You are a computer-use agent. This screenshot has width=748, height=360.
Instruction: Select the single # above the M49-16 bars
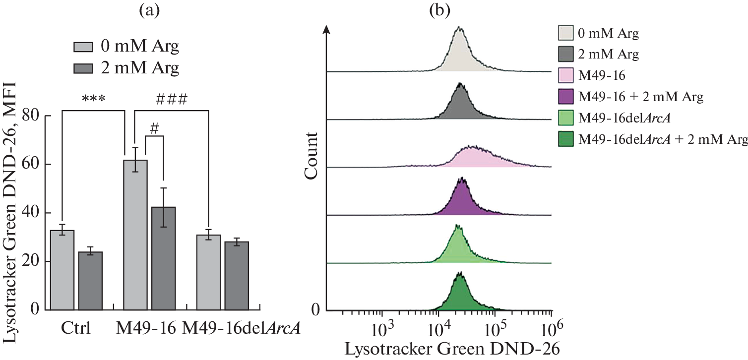(154, 128)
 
